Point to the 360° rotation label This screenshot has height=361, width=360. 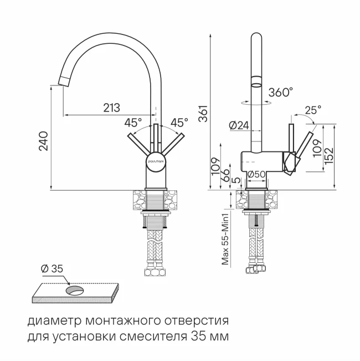(x=281, y=93)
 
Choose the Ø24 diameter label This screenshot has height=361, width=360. (x=239, y=126)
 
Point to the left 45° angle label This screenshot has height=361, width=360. (x=133, y=121)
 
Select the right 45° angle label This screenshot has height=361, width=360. (x=179, y=121)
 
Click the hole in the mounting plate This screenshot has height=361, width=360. (x=74, y=289)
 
